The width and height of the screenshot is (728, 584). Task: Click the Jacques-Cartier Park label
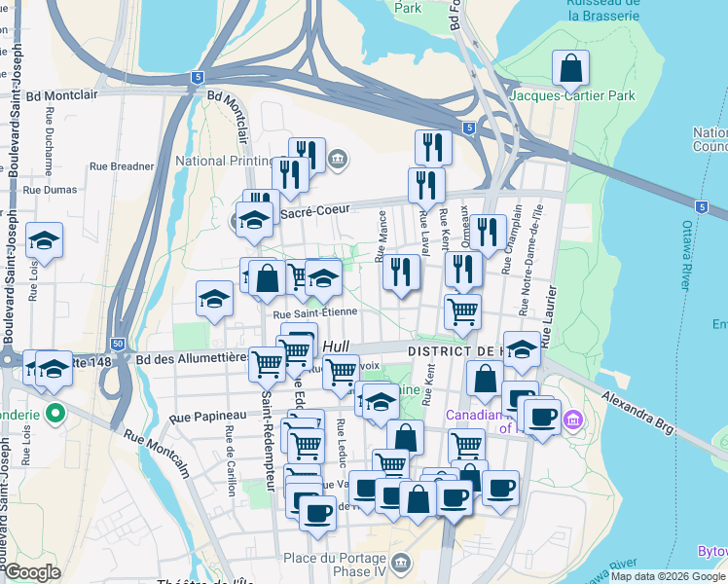click(x=572, y=95)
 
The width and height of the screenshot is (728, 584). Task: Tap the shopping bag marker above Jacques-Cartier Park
click(x=570, y=68)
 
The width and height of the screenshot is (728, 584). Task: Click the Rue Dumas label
click(x=50, y=190)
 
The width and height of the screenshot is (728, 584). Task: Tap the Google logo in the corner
click(x=33, y=572)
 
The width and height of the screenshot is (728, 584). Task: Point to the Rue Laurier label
click(x=547, y=321)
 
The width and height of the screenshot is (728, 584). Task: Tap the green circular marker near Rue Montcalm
click(x=55, y=412)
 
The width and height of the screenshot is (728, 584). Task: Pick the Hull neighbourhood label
click(x=335, y=347)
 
